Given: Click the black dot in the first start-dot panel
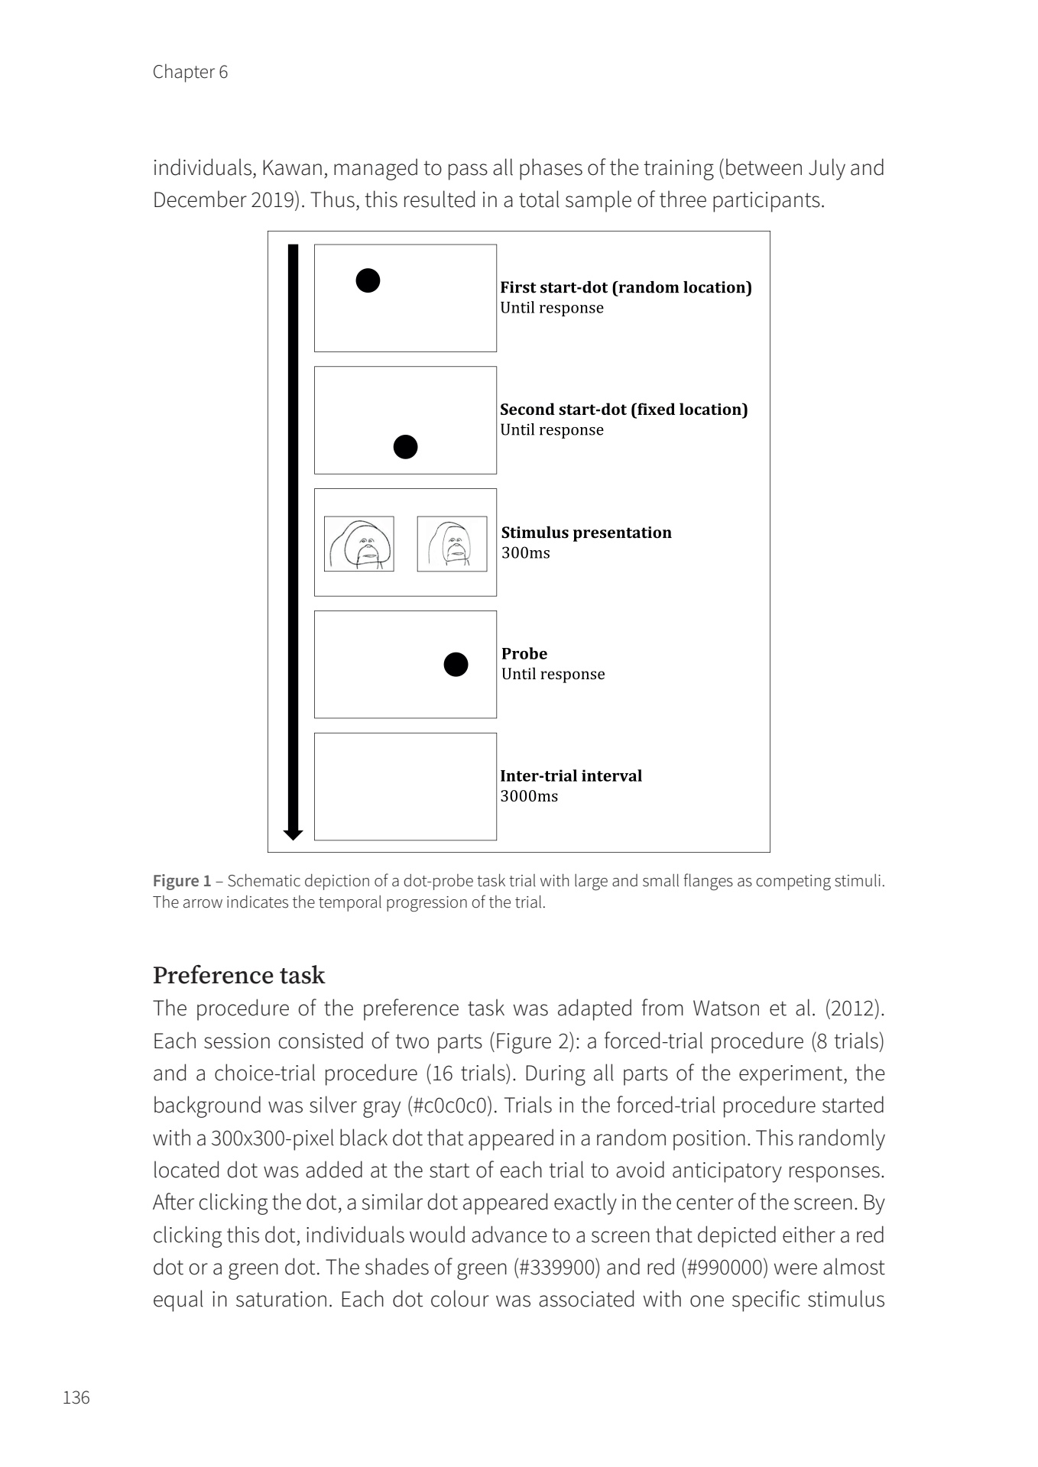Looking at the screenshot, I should [368, 281].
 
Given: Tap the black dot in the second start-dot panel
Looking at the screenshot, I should [405, 447].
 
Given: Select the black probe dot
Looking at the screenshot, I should [456, 665].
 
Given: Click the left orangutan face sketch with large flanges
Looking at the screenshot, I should [359, 544].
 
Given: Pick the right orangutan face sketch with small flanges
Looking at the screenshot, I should [452, 544].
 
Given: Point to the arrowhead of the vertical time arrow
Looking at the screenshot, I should [293, 834].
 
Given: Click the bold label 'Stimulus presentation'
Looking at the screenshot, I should [586, 533].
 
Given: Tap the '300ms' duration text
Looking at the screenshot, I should [525, 553].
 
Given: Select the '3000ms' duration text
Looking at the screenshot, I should [529, 796].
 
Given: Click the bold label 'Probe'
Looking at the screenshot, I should [524, 654].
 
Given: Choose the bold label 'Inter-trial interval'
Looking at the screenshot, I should [571, 776].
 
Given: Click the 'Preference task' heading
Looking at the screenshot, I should [238, 976].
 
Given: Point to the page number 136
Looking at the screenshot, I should [76, 1397].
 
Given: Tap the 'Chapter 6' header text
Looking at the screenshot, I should [190, 72].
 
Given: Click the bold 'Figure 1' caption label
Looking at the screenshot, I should [182, 881].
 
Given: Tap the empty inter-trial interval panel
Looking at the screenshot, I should [405, 786].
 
